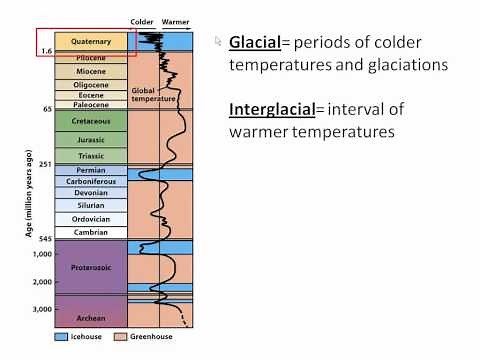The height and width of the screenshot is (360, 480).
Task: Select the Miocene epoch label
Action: point(91,72)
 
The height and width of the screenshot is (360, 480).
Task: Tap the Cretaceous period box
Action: point(91,119)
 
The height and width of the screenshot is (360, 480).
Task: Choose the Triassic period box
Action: point(91,156)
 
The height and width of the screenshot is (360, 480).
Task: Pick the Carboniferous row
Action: point(91,182)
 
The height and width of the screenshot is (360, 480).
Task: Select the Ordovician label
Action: point(91,218)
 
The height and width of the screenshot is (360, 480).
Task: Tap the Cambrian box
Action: point(91,231)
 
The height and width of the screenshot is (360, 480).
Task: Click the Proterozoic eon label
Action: point(91,267)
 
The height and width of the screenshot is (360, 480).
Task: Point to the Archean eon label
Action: point(91,317)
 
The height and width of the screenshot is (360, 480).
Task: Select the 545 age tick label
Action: point(45,239)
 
